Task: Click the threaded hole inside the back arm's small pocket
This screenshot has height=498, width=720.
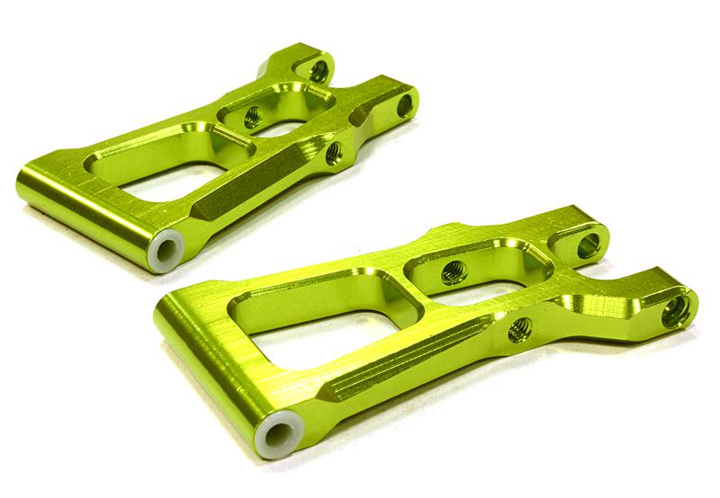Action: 253,116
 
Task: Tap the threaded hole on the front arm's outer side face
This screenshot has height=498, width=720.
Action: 519,330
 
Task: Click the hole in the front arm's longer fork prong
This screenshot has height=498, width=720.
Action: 676,311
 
